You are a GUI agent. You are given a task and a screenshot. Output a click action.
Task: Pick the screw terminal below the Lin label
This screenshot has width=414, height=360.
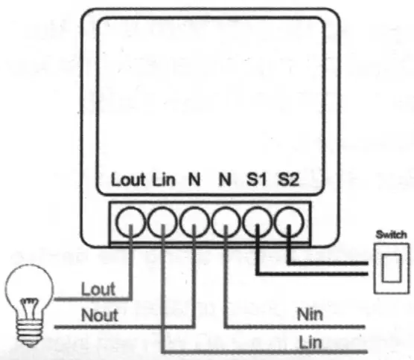tap(163, 221)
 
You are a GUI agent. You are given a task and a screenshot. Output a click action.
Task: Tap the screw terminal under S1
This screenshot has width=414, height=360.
tap(257, 221)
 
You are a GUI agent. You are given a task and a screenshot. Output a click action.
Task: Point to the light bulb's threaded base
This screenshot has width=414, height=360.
tap(30, 327)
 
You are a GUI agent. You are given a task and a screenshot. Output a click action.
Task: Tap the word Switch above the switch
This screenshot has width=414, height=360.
tap(392, 235)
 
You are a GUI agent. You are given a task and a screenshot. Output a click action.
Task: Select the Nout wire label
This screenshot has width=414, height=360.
tap(99, 315)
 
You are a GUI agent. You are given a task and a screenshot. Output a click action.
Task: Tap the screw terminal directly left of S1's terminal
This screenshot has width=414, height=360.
tap(226, 221)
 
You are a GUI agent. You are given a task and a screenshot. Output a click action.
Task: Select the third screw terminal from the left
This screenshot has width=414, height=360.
tap(194, 221)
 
